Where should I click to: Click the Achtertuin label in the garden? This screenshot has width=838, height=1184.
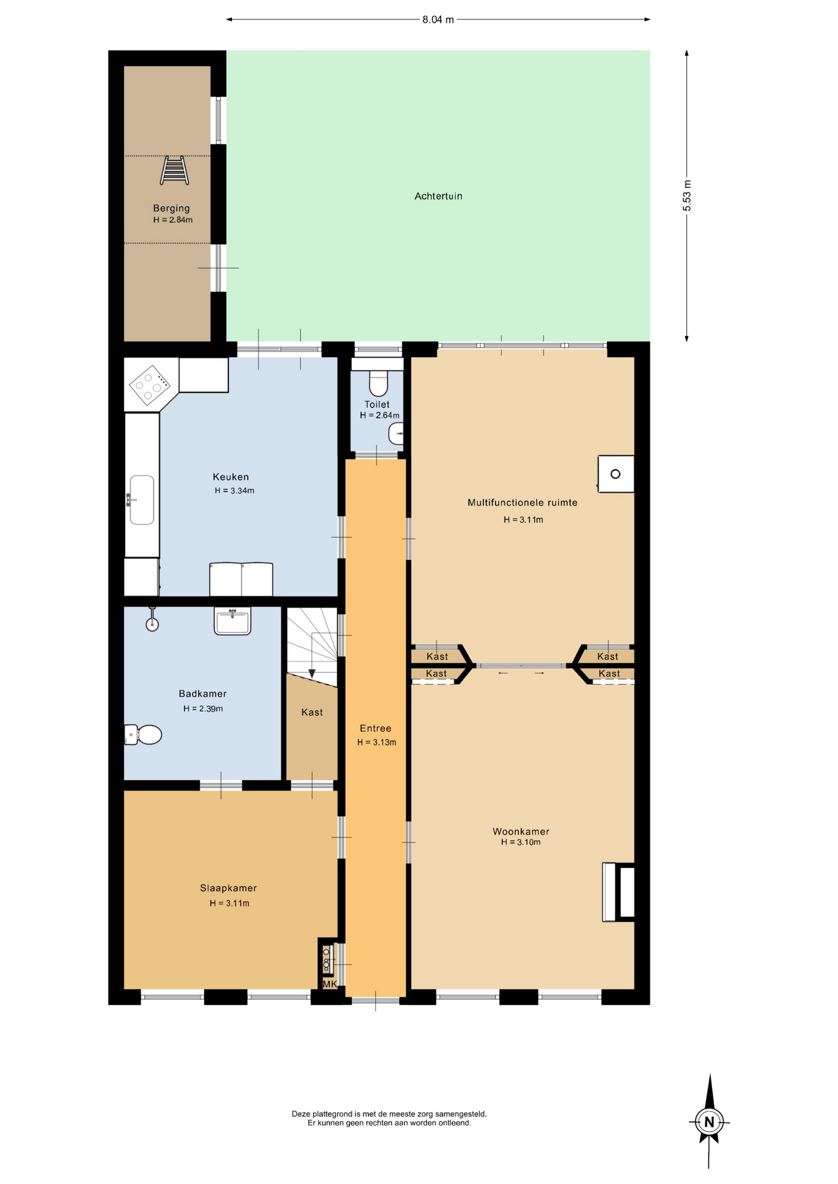click(438, 196)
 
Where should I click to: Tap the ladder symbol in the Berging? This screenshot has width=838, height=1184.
click(174, 170)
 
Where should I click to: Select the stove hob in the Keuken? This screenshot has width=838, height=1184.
click(149, 385)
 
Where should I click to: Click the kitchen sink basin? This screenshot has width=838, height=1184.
click(142, 499)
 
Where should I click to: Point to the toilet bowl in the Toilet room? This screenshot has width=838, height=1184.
click(378, 383)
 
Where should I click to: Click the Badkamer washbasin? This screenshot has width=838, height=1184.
click(233, 621)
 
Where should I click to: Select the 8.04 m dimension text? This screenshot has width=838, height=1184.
click(438, 20)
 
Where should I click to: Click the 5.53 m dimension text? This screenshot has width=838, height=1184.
click(687, 195)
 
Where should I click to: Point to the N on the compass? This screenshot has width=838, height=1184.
click(709, 1122)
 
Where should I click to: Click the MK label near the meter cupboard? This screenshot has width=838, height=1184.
click(330, 984)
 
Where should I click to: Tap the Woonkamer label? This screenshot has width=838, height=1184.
click(521, 831)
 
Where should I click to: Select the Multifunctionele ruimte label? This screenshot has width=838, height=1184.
click(523, 503)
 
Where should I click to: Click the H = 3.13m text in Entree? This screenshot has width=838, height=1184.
click(376, 742)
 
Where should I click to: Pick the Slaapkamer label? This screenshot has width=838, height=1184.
click(228, 888)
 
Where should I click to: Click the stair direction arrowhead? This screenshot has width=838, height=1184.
click(312, 673)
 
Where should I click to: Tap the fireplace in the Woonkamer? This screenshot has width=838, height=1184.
click(618, 892)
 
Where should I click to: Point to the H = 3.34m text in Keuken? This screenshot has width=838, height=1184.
click(234, 491)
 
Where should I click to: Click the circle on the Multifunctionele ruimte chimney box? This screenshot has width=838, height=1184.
click(615, 474)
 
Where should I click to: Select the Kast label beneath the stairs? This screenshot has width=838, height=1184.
click(312, 712)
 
